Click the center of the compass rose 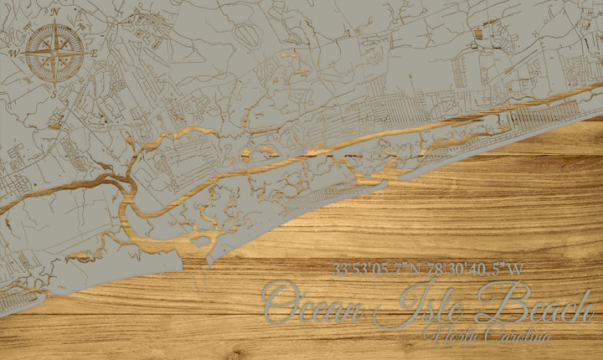(x=55, y=52)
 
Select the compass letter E (x=95, y=53)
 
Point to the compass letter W (x=14, y=52)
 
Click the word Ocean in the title (x=313, y=303)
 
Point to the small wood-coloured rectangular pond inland (x=478, y=34)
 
